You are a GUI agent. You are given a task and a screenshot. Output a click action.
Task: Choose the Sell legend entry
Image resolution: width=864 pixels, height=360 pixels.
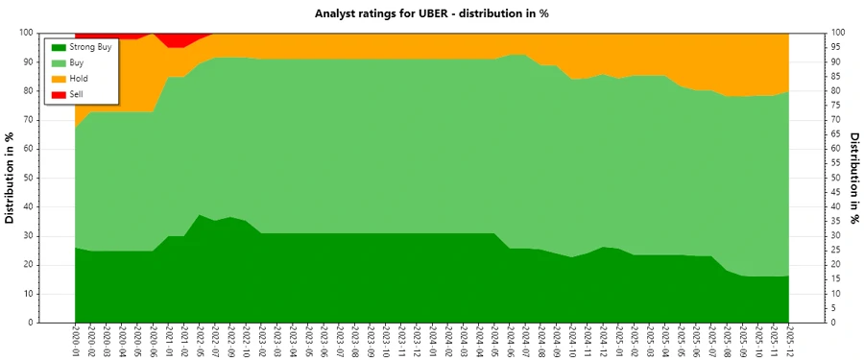point(78,93)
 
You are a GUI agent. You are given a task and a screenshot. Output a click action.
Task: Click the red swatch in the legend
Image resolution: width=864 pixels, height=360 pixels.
point(60,93)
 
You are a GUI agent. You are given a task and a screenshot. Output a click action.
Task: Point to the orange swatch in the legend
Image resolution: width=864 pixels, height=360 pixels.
point(60,78)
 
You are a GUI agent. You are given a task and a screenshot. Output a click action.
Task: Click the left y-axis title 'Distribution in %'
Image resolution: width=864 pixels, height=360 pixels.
point(11,178)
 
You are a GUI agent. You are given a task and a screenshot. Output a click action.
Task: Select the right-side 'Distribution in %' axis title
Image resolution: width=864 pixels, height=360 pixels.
point(853,178)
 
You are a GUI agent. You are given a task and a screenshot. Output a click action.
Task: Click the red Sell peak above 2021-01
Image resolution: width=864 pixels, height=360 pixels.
point(169,40)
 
